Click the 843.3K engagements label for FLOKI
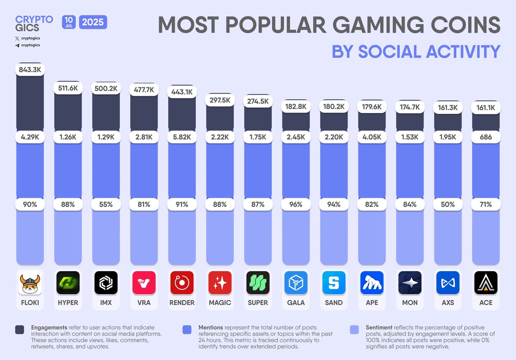point(30,69)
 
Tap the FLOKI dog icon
point(30,283)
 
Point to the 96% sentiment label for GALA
point(296,204)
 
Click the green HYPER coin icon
point(68,283)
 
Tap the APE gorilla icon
point(372,283)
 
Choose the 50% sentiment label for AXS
point(448,204)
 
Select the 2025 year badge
point(93,21)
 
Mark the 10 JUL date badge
point(69,21)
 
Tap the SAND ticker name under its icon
point(334,302)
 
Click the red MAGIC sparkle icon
point(220,283)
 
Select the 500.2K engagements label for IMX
point(106,89)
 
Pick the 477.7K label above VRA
point(144,91)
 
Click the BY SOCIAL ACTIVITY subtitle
point(416,51)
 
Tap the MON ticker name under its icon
point(410,302)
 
